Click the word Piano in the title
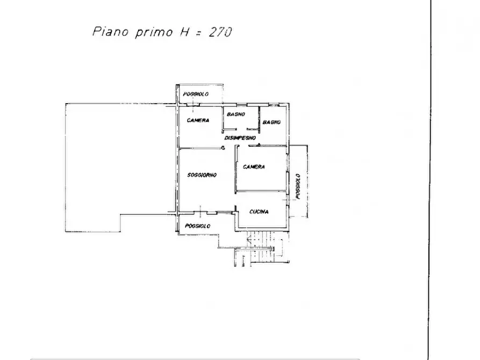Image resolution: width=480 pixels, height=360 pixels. (111, 31)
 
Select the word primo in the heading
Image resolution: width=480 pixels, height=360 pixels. (154, 32)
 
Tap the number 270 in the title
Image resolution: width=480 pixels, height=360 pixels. (220, 32)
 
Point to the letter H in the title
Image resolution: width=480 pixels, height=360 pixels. (184, 32)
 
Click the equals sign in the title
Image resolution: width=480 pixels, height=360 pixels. (199, 32)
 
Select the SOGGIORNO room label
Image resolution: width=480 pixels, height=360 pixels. (202, 175)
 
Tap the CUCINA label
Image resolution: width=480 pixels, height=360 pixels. (259, 212)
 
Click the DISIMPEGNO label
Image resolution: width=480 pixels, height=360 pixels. (240, 138)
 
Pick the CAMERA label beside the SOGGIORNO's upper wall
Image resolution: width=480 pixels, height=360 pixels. (198, 120)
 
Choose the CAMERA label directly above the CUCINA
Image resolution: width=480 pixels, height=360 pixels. (254, 167)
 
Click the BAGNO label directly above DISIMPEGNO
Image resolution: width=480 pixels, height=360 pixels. (236, 114)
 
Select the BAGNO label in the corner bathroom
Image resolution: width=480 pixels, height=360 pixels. (271, 122)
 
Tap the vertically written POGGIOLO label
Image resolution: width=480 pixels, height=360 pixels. (298, 186)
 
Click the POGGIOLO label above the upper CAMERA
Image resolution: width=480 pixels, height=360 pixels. (196, 94)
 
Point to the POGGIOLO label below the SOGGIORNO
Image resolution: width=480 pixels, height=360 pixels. (198, 226)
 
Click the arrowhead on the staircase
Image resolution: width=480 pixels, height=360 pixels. (249, 241)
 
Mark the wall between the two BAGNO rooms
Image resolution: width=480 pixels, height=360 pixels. (259, 120)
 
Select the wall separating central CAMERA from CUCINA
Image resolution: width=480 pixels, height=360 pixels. (262, 191)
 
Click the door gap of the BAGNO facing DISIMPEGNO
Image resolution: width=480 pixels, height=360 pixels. (242, 129)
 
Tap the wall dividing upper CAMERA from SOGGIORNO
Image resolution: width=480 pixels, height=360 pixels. (200, 148)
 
